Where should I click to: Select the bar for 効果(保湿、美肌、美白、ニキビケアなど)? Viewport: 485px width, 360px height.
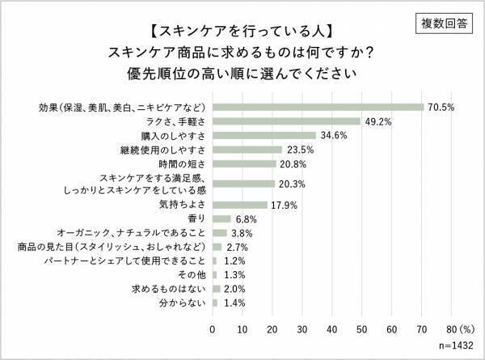(318, 107)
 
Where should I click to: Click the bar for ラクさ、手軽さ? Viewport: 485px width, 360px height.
(286, 121)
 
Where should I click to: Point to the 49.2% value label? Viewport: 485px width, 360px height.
(378, 121)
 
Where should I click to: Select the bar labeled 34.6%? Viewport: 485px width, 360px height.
(264, 135)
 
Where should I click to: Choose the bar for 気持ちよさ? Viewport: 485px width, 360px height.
(239, 204)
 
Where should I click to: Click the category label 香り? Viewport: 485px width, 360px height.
(196, 218)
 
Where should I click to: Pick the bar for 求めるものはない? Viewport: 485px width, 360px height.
(216, 289)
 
